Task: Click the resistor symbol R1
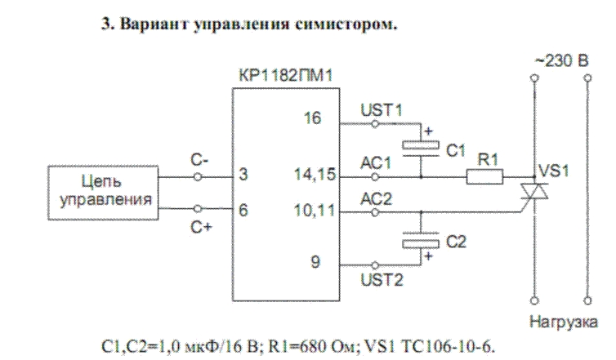(x=484, y=175)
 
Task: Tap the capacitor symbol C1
(x=421, y=147)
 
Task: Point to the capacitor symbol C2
(x=421, y=240)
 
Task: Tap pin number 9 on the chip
(x=315, y=264)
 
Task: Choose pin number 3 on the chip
(x=243, y=175)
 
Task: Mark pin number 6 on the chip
(x=243, y=211)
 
